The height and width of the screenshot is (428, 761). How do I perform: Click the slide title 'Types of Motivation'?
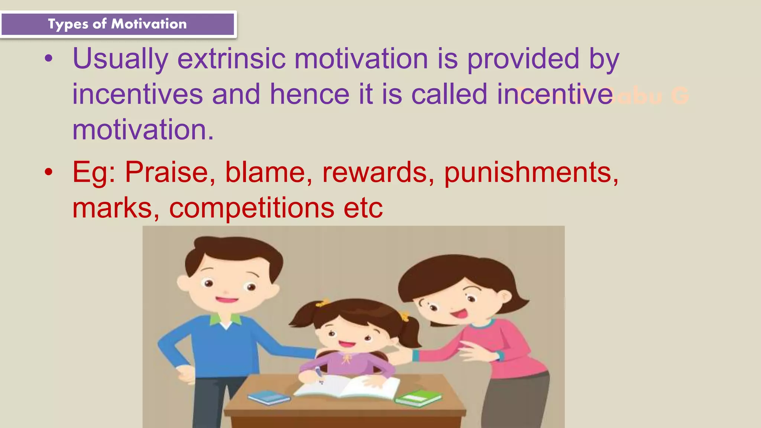tap(117, 24)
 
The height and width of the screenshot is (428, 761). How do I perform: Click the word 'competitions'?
tap(252, 208)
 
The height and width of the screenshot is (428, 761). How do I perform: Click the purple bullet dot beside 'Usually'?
tap(49, 59)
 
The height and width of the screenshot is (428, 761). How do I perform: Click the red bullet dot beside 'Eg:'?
tap(49, 172)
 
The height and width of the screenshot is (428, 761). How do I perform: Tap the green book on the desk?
tap(418, 398)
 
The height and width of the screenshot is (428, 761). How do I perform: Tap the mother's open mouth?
tap(460, 314)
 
